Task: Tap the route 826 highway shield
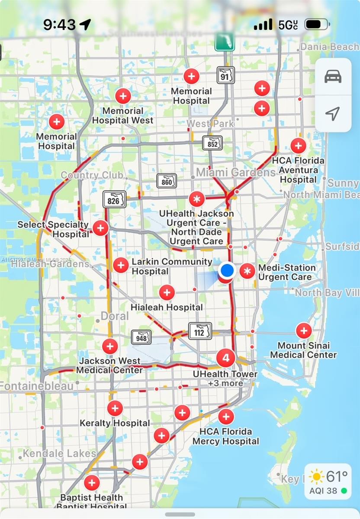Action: point(115,199)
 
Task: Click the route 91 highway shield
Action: point(226,75)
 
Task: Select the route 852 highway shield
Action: point(212,143)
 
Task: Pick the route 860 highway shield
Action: point(167,181)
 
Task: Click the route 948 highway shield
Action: point(141,337)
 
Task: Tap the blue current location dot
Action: point(227,270)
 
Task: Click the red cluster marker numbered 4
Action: point(225,358)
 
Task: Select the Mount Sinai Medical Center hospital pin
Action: point(303,331)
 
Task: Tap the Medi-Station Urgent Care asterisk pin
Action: point(247,271)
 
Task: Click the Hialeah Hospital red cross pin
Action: point(167,293)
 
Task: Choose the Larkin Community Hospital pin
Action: point(121,265)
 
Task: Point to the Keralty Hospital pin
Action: point(115,408)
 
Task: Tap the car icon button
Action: point(333,77)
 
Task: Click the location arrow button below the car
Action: point(332,114)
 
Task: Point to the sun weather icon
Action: point(317,477)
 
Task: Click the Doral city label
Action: point(115,316)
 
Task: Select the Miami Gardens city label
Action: point(235,172)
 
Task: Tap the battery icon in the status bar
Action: point(316,24)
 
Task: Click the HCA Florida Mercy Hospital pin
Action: point(226,417)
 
